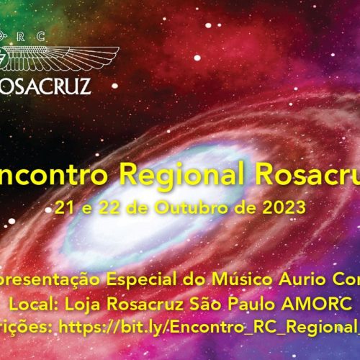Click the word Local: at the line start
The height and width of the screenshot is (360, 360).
pyautogui.click(x=47, y=303)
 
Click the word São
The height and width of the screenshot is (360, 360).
pyautogui.click(x=218, y=303)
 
